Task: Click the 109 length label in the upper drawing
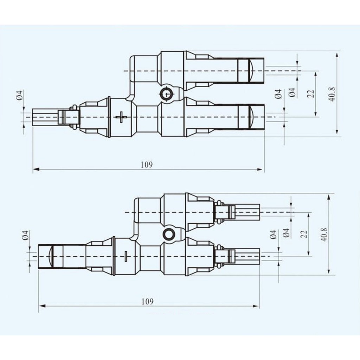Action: tap(147, 165)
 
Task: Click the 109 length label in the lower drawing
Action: tap(147, 301)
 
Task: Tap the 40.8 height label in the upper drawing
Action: tap(332, 94)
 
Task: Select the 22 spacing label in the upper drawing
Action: tap(311, 94)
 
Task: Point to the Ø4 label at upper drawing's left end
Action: tap(20, 95)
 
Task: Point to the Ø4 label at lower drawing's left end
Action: tap(25, 235)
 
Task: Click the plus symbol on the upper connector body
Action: tap(121, 117)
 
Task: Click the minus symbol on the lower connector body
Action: tap(126, 256)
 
